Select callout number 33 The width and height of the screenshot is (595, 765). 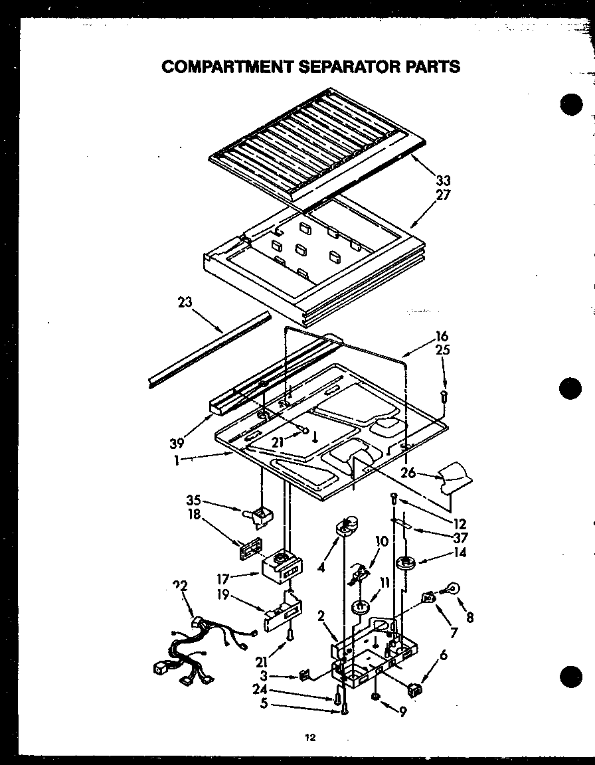443,180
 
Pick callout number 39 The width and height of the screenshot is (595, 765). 177,443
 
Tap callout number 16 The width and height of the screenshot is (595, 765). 442,337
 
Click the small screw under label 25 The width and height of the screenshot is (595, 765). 445,397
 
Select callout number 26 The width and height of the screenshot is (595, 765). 408,473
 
